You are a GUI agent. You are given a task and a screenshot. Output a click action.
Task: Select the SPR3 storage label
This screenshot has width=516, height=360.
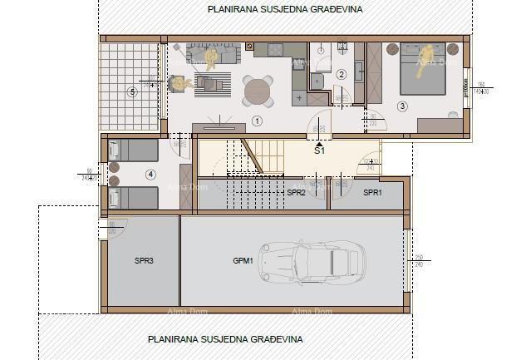click(144, 260)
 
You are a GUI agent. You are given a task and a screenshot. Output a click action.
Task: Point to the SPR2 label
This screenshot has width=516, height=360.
click(296, 192)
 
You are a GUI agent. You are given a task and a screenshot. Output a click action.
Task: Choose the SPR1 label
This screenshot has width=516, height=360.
click(373, 192)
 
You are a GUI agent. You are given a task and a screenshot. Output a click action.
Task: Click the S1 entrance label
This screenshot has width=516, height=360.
click(319, 152)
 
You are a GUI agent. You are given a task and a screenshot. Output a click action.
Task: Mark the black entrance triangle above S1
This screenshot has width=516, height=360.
click(319, 143)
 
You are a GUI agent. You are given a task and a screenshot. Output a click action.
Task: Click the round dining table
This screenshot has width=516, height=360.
click(258, 91)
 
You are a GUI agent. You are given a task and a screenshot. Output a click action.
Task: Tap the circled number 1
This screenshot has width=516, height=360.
click(257, 121)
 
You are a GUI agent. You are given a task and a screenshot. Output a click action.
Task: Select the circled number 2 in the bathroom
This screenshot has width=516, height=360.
click(341, 74)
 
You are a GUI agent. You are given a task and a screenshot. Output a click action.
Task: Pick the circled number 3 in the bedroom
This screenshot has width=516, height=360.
click(402, 106)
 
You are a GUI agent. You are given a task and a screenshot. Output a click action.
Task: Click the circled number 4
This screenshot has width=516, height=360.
click(150, 174)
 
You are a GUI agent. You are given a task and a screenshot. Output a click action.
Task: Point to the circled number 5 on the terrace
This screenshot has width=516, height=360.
click(131, 91)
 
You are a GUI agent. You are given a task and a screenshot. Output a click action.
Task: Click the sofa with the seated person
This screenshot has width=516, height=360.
click(212, 55)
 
